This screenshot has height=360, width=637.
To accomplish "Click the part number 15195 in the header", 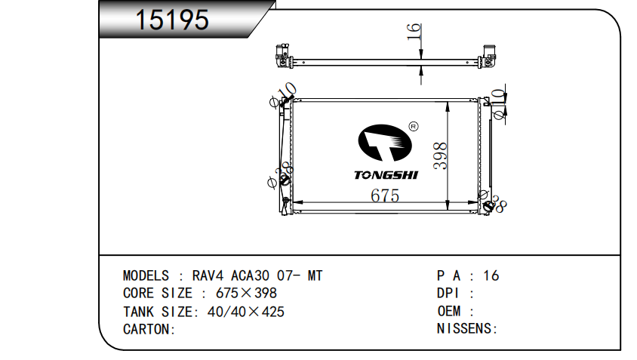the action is pos(172,20).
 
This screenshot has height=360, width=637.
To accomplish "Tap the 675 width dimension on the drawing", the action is pos(385,195).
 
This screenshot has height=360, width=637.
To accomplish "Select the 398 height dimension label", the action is pos(440,155).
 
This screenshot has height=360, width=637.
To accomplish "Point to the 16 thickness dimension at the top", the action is pos(413,31).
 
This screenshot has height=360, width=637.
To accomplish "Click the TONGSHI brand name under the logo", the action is pos(386,175).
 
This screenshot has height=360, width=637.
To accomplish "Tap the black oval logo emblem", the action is pos(385,143).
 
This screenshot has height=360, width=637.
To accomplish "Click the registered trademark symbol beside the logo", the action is pos(413,127).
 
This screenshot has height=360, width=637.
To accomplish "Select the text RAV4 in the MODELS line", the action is pos(208,275).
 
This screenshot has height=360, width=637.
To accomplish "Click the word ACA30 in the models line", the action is pos(250,275).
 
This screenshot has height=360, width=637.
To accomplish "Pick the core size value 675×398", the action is pos(246,293).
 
